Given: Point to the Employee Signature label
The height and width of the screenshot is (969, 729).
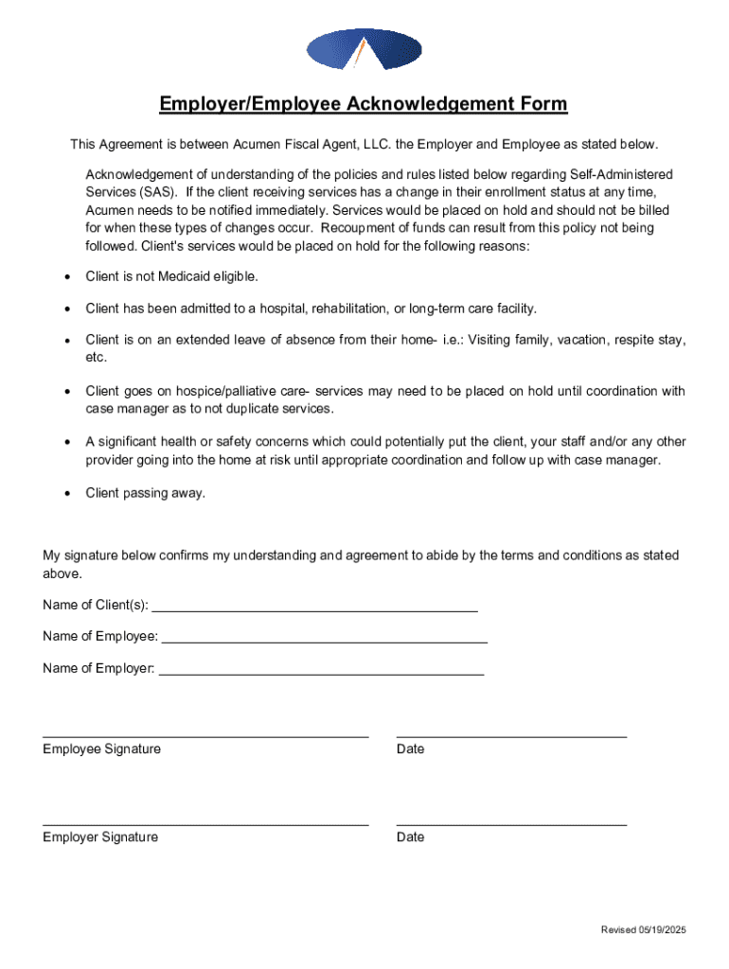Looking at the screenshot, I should coord(101,749).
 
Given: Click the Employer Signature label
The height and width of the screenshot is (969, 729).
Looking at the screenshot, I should coord(100,837).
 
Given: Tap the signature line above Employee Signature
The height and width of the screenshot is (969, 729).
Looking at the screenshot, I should coord(205,735).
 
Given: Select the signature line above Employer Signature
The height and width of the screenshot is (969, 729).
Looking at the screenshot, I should coord(205,824).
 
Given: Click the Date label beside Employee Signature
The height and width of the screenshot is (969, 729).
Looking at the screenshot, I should coord(410,749).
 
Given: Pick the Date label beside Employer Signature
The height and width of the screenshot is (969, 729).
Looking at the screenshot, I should coord(410,837).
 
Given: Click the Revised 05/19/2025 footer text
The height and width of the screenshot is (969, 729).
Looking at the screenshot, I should coord(643,930).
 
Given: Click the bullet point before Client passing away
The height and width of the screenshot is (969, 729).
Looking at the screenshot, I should coord(66,493).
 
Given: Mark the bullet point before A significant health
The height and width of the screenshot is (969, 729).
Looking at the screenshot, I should coord(66,442).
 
